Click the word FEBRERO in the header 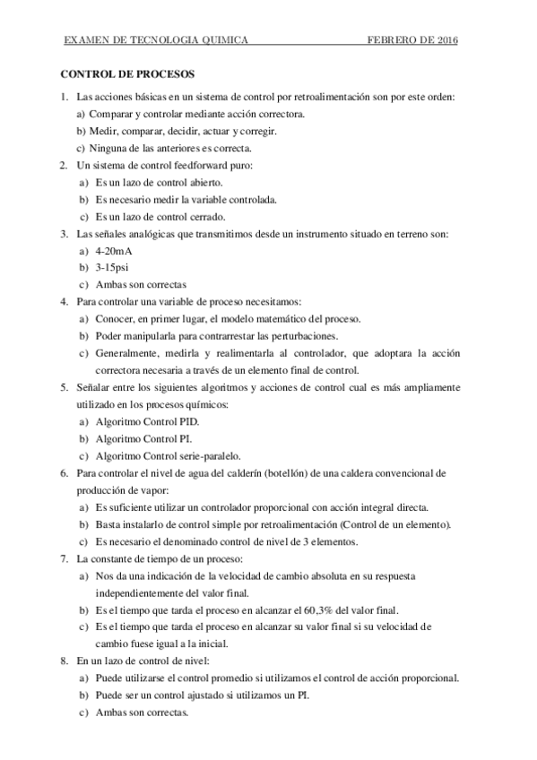(392, 40)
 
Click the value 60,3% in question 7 (331, 609)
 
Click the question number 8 (64, 661)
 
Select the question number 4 (64, 301)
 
